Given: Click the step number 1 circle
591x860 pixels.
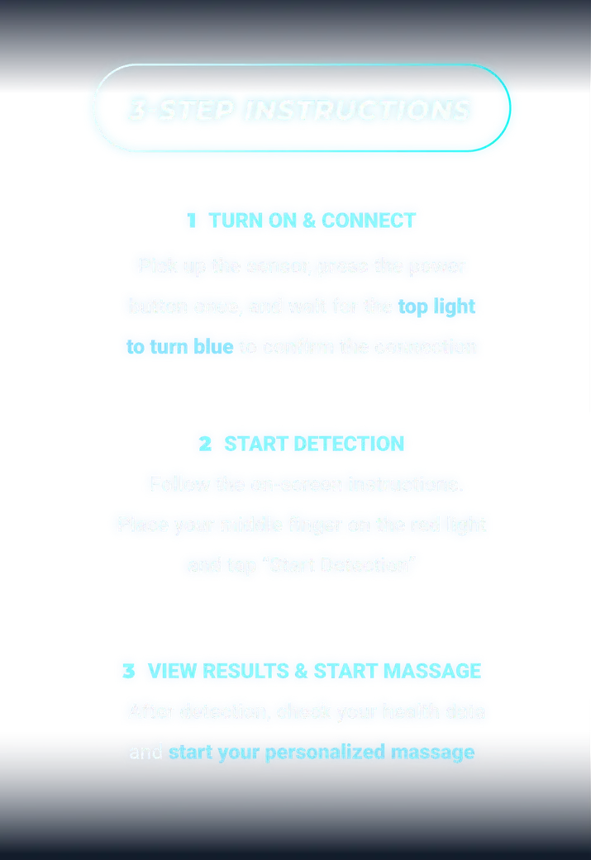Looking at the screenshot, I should pos(192,221).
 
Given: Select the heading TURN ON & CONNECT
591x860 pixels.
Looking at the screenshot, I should pos(312,221).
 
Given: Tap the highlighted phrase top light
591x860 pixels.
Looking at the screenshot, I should pos(437,306).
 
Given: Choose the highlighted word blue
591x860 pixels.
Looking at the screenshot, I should pos(213,347).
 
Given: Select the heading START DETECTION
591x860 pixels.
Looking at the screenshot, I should pos(314,444).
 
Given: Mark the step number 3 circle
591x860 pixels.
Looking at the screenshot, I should pos(129,671).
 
